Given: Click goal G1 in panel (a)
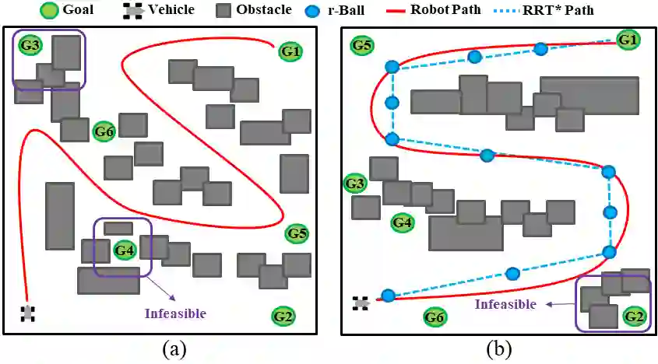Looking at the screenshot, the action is tap(290, 51).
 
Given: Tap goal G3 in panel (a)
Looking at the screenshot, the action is tap(30, 45).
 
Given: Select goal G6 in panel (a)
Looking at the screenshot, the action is tap(104, 131).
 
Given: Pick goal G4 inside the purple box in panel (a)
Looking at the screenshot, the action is tap(125, 250).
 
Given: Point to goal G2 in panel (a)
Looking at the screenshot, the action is tap(283, 317).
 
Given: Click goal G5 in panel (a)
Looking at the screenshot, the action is tap(297, 233).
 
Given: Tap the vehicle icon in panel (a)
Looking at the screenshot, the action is tap(28, 313).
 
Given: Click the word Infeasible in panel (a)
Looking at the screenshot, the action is tap(175, 313).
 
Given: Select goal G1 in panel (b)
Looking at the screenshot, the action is tap(628, 40).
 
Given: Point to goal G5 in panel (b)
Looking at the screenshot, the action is tap(362, 45).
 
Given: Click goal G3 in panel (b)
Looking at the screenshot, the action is tap(355, 184).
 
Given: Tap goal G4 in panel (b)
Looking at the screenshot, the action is tap(403, 222).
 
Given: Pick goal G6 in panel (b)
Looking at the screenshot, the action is tap(435, 317).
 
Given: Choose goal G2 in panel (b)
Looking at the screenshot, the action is tap(634, 316).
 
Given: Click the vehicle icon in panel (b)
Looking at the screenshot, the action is tap(361, 303).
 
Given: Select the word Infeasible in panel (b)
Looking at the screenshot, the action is tap(505, 303).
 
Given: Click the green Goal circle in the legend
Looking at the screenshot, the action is tap(49, 10).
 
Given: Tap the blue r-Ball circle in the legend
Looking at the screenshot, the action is tap(313, 10).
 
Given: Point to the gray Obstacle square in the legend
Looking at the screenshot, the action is tap(223, 10).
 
